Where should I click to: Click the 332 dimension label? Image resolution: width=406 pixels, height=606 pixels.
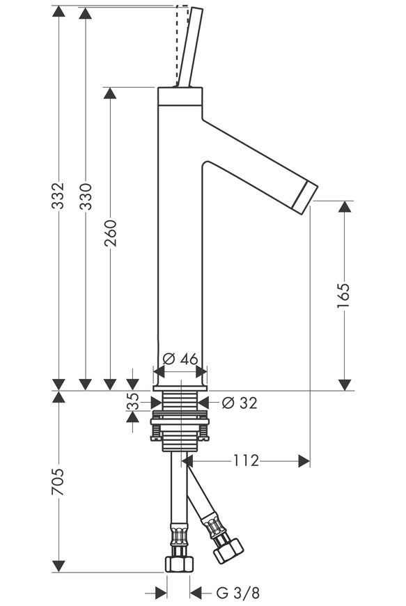pos(58,196)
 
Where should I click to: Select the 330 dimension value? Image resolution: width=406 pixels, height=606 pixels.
pos(86,196)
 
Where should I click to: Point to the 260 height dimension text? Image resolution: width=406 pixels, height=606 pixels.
pos(110,233)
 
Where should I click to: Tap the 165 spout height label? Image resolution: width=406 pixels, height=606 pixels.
pos(343,295)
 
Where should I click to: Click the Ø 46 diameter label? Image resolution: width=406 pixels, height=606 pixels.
pos(180,359)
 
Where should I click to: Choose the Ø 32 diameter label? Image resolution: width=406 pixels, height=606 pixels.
pos(240,403)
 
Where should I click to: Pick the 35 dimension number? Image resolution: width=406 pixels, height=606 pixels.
pos(132,401)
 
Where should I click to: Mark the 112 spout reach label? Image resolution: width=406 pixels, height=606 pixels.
pos(246,460)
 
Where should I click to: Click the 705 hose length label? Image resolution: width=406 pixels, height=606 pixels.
pos(58,482)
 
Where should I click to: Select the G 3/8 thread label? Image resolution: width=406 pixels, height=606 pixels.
pos(237,592)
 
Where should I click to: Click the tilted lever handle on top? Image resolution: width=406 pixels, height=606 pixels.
pos(189,47)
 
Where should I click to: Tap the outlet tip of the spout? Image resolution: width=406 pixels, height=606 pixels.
pos(305,197)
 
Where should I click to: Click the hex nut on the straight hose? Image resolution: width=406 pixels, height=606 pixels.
pos(179,564)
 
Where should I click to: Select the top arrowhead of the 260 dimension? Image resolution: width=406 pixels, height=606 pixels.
pos(110,93)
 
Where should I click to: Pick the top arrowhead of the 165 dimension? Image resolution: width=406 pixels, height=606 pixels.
pos(345,206)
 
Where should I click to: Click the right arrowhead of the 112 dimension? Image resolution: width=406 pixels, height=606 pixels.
pos(304,461)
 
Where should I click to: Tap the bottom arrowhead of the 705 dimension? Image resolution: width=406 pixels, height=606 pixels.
pos(58,566)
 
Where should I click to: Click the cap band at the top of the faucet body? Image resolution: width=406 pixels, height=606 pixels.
pos(180,96)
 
